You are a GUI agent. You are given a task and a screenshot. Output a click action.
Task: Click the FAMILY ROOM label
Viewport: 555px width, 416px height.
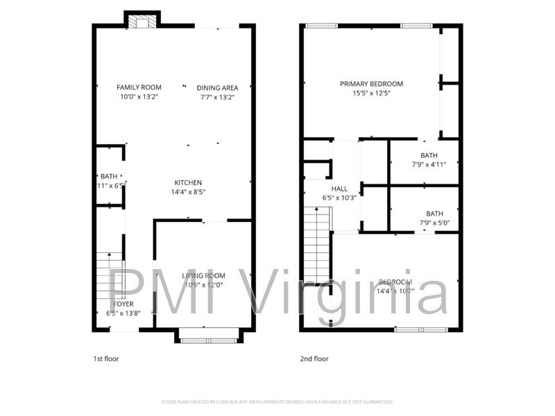click(139, 87)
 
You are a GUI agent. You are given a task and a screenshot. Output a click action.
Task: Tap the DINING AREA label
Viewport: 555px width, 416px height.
click(217, 88)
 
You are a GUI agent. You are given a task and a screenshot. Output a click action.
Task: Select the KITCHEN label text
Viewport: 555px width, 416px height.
click(188, 182)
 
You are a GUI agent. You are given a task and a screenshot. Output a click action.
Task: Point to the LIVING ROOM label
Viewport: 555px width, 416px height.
click(203, 276)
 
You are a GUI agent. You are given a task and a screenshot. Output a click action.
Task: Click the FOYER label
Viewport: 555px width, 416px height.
click(123, 304)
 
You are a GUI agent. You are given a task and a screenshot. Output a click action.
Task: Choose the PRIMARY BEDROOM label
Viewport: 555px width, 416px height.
click(371, 84)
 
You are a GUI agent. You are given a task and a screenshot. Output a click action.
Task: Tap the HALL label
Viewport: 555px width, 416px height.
click(339, 189)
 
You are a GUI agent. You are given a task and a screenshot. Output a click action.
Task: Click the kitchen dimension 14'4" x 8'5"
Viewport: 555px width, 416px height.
click(188, 192)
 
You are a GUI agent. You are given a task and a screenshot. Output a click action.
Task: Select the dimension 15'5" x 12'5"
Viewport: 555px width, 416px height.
click(371, 93)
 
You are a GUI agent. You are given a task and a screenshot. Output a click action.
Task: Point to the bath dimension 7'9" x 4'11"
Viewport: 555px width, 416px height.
click(429, 164)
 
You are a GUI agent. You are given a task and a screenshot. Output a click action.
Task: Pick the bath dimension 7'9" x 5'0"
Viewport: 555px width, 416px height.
click(434, 223)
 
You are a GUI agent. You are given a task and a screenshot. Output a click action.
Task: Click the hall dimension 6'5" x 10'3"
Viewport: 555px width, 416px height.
click(339, 198)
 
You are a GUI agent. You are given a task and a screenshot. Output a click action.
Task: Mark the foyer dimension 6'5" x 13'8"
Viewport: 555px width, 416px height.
click(123, 313)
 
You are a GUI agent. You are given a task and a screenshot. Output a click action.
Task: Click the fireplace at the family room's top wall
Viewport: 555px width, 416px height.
click(142, 21)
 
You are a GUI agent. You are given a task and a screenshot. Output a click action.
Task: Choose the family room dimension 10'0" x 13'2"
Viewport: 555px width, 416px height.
click(139, 97)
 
